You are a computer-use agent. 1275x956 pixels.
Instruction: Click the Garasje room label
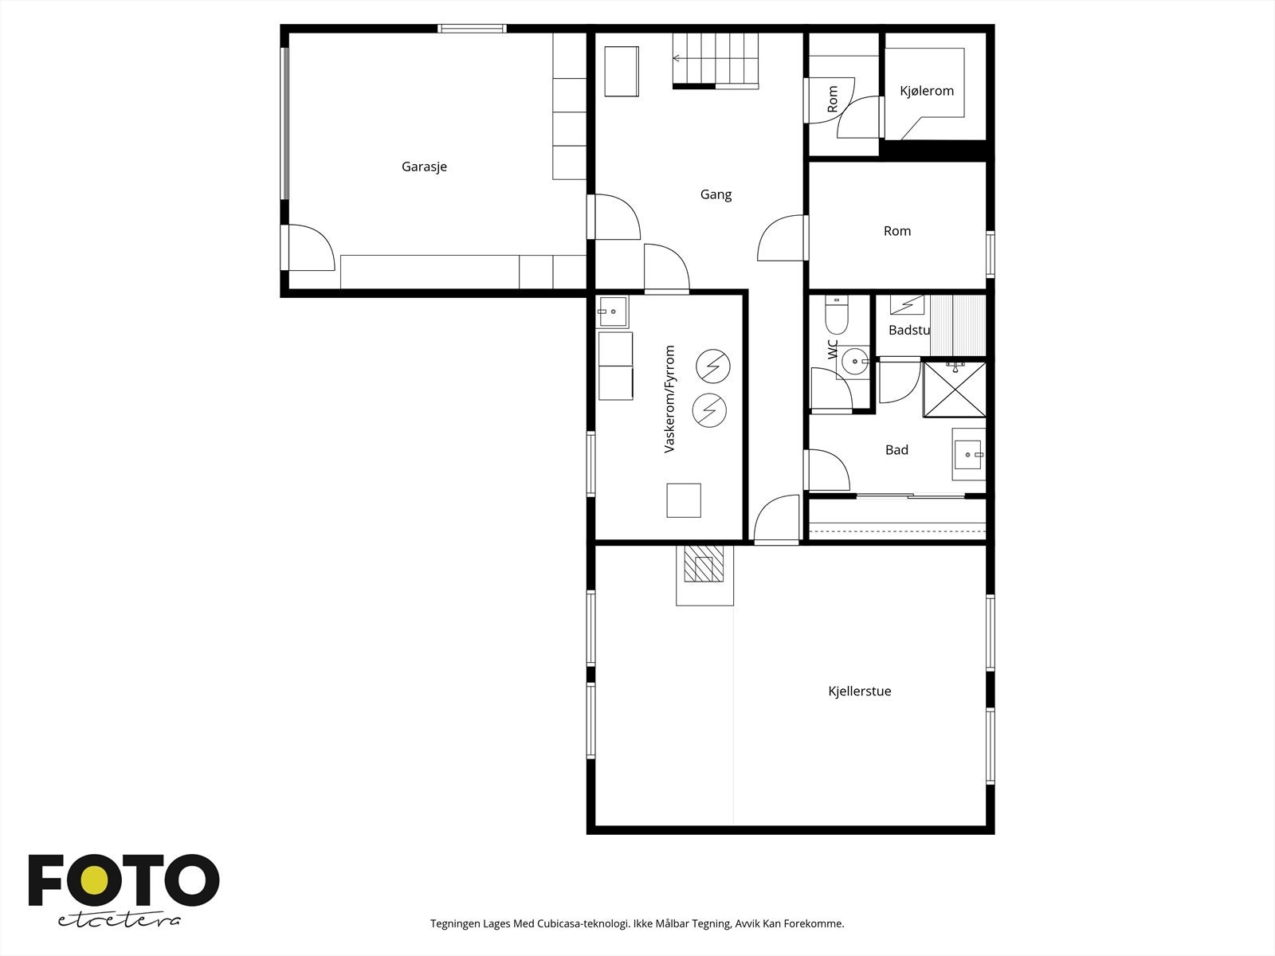424,167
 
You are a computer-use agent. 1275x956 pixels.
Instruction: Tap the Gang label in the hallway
716,194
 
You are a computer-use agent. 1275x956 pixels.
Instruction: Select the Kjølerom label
927,91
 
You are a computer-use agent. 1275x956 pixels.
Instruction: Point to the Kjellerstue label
859,691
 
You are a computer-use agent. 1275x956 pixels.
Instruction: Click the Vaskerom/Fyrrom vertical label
669,399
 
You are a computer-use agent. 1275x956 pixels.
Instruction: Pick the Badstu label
909,331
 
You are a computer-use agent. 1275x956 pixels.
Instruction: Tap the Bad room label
896,450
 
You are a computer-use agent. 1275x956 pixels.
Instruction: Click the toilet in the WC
837,313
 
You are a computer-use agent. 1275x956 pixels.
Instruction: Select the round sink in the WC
855,362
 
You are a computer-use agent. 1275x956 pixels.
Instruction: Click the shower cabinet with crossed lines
955,389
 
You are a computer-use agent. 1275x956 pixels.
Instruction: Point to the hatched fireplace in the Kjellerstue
704,563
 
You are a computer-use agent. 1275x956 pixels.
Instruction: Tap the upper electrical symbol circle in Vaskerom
712,366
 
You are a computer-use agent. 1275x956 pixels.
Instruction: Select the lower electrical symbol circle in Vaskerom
709,410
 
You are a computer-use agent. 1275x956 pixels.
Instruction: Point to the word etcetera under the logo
119,920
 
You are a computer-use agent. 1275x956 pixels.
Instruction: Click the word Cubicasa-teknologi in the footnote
583,923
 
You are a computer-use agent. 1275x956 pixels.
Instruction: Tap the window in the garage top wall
472,29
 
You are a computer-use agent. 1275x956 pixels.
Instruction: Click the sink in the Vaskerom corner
612,311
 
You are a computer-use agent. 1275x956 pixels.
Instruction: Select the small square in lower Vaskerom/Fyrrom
684,500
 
